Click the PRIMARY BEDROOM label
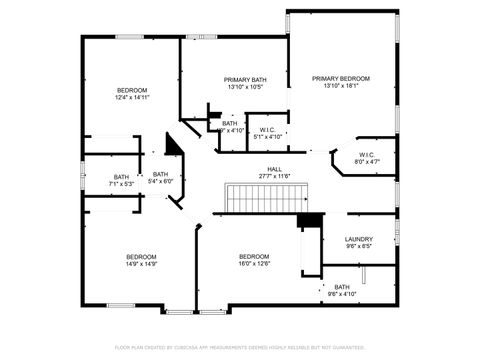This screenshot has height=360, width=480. (340, 79)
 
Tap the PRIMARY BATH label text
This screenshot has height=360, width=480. (245, 79)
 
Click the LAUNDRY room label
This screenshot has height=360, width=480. (358, 239)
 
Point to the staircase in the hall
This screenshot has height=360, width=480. (259, 198)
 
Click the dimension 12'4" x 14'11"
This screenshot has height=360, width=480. (131, 98)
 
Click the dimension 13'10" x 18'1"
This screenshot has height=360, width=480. (340, 87)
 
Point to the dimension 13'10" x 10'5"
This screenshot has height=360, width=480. (245, 87)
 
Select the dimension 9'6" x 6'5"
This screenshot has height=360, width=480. (358, 247)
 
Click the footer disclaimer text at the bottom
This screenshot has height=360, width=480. (240, 347)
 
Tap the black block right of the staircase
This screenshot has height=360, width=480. (309, 220)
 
